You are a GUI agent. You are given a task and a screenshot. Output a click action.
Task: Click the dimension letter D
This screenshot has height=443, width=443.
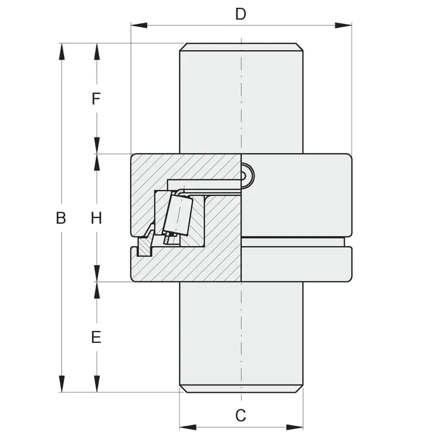[241, 14]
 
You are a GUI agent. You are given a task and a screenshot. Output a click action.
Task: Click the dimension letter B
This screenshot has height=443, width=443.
[61, 218]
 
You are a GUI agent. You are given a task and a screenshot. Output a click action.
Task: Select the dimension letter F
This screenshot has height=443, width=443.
[96, 99]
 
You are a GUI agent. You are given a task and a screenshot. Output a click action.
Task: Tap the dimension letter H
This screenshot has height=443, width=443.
[96, 218]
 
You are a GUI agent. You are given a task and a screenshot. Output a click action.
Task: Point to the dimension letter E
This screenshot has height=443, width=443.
[96, 337]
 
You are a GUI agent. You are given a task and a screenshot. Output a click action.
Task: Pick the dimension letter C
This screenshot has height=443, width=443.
[241, 416]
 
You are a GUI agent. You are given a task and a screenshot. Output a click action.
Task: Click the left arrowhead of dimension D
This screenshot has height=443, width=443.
[139, 25]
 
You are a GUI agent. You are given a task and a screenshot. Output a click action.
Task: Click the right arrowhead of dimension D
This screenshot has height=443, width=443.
[343, 25]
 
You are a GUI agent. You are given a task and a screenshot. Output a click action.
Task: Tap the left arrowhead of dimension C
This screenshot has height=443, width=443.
[188, 427]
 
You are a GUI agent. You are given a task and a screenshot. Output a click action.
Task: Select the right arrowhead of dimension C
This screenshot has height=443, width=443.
[295, 427]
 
